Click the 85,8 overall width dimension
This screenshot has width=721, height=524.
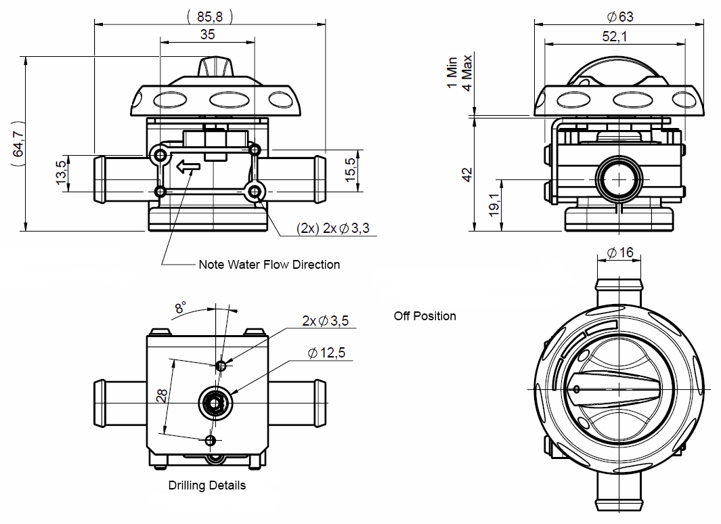coord(210,16)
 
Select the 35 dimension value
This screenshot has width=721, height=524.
coord(207,35)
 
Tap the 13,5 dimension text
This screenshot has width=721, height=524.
coord(61,173)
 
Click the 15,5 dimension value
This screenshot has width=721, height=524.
coord(351,170)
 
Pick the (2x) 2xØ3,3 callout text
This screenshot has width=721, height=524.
coord(333,228)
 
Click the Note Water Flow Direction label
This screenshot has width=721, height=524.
coord(269,265)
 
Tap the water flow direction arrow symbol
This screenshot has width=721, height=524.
coord(188,167)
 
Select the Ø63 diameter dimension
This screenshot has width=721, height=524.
coord(620,17)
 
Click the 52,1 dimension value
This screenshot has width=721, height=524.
coord(615,37)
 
